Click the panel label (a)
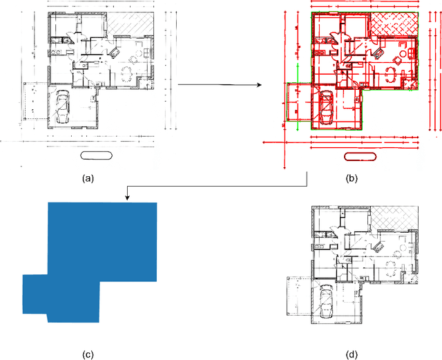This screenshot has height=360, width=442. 87,178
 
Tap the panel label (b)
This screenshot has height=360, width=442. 352,178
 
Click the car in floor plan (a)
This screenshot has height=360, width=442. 63,106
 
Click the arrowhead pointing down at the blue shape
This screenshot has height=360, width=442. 127,198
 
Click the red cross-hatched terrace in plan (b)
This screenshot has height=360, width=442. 396,26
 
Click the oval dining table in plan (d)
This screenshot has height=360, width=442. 392,266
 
